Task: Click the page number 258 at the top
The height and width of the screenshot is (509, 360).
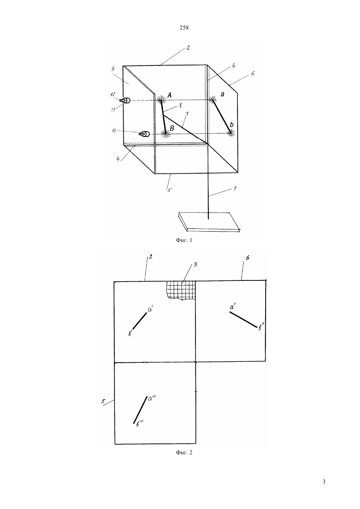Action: [x=184, y=28]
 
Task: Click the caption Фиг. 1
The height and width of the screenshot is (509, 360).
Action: [x=184, y=240]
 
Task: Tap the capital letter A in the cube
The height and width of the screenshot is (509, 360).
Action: [x=169, y=96]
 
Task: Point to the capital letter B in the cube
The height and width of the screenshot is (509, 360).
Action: [x=172, y=128]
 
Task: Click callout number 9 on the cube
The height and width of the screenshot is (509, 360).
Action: [x=113, y=69]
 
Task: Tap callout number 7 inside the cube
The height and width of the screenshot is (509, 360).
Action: [x=187, y=114]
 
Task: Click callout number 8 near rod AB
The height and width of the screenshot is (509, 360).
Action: [x=180, y=106]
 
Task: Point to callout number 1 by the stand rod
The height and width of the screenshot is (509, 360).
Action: [x=235, y=188]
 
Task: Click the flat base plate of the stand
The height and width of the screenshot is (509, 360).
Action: [x=209, y=222]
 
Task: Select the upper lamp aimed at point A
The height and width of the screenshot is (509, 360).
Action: [x=125, y=100]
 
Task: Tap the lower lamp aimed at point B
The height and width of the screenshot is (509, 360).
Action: [x=144, y=134]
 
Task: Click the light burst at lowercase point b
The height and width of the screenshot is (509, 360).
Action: [x=231, y=133]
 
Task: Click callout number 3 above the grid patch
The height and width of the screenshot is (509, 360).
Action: [x=195, y=265]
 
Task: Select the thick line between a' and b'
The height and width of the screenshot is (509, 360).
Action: [x=140, y=321]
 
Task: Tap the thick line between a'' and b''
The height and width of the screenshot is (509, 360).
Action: [x=243, y=320]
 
